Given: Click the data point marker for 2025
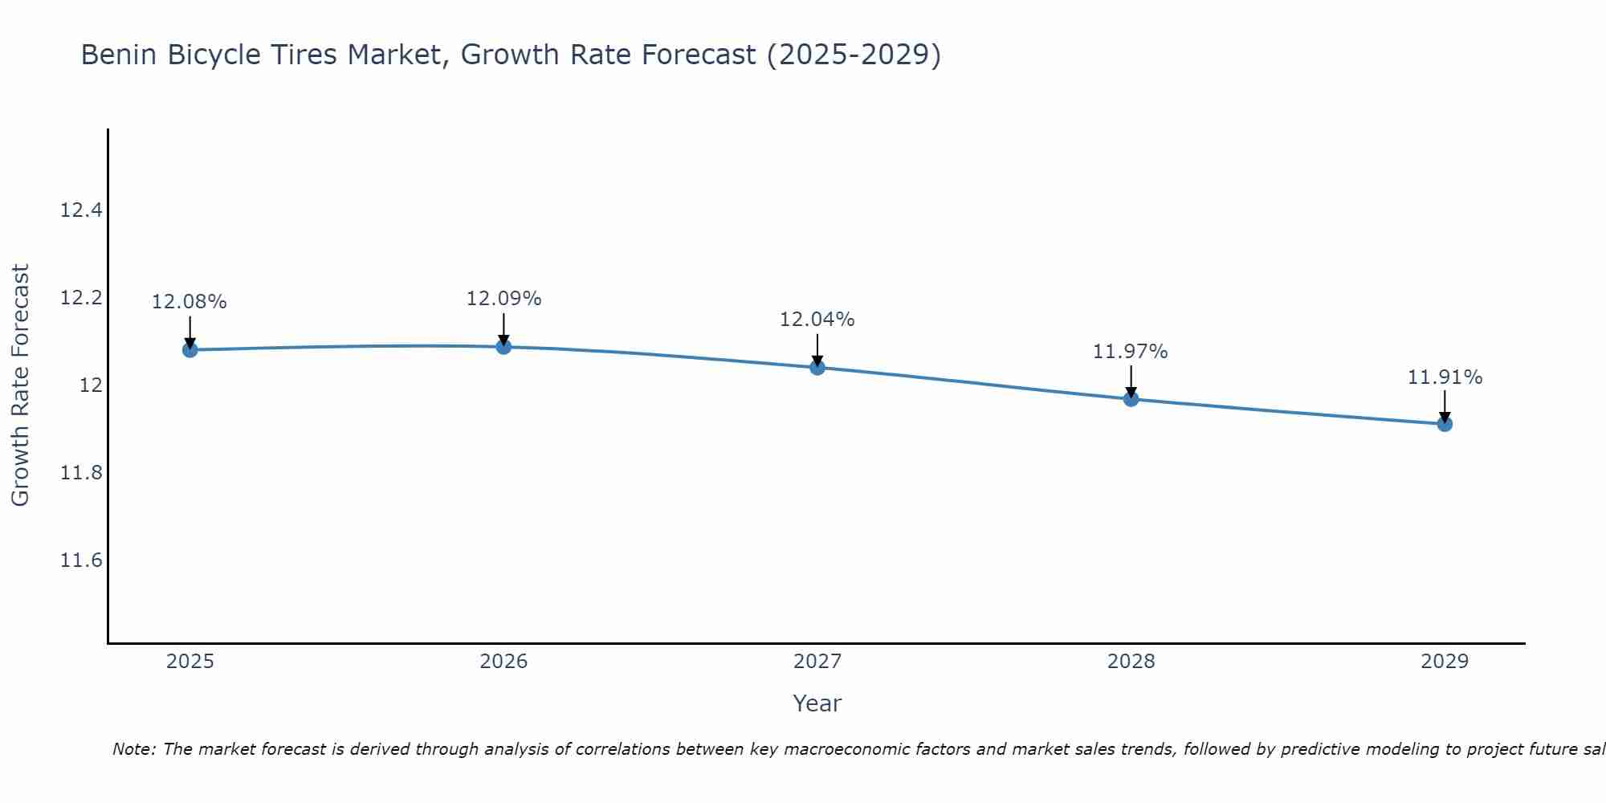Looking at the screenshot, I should pos(190,349).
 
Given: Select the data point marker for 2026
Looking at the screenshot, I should pos(503,346).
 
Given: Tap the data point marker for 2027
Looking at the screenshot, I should pos(817,367).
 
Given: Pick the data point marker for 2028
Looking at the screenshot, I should pos(1131,398).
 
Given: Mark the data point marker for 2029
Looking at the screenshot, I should pos(1445,423).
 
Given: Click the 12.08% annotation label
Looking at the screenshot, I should pos(190,302).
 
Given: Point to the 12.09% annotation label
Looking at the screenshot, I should pos(503,299).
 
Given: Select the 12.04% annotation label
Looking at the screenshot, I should pos(817,320).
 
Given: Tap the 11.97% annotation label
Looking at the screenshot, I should pos(1130,352).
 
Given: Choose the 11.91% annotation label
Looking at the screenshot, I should pos(1445,377).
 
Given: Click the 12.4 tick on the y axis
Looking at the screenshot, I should pos(81,210).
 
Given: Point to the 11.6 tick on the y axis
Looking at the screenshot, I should pos(81,560).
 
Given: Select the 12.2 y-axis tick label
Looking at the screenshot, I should pos(81,298).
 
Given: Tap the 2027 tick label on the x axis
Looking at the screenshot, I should pos(817,662).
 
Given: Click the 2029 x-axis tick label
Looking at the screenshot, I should pos(1445,662).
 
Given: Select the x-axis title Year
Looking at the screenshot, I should pos(817,703).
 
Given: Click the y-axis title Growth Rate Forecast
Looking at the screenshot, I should pos(20,385).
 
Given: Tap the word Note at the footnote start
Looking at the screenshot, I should pos(134,749).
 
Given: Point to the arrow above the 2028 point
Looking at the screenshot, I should pos(1131,381).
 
